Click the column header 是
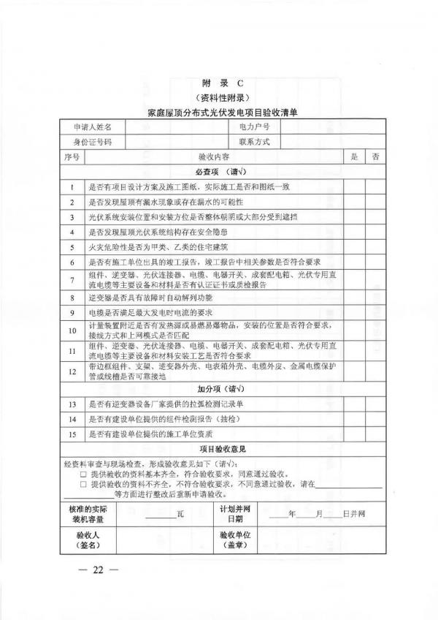(x=355, y=156)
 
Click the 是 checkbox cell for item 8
(x=355, y=298)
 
